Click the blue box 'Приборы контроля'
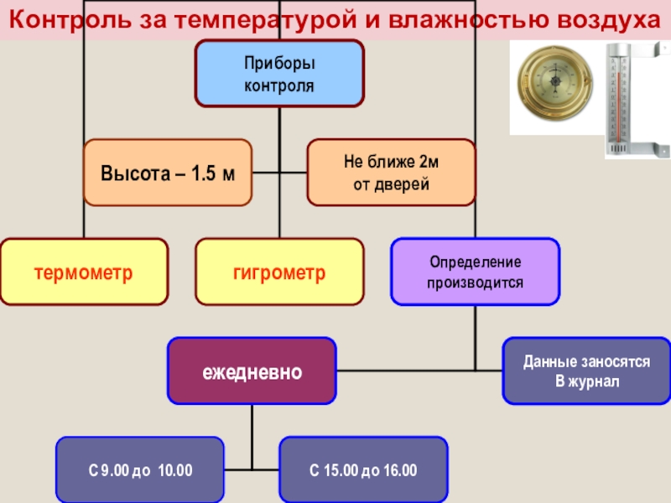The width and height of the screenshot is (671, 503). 279,74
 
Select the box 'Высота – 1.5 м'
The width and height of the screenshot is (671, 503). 168,174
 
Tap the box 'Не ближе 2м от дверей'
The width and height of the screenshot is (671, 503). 391,174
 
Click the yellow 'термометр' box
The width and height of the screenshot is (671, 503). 84,272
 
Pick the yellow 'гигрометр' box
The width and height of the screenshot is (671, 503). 279,272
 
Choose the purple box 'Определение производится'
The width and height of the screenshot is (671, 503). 475,272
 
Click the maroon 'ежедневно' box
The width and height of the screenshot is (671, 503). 252,371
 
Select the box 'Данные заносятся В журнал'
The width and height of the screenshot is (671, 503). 586,371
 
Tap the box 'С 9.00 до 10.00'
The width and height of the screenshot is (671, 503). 140,469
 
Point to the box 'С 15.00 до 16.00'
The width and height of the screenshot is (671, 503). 363,469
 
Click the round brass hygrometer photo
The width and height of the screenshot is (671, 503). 554,86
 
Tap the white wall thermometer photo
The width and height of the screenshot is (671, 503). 626,99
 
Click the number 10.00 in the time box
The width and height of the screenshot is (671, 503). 175,470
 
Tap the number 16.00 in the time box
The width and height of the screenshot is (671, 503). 400,470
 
